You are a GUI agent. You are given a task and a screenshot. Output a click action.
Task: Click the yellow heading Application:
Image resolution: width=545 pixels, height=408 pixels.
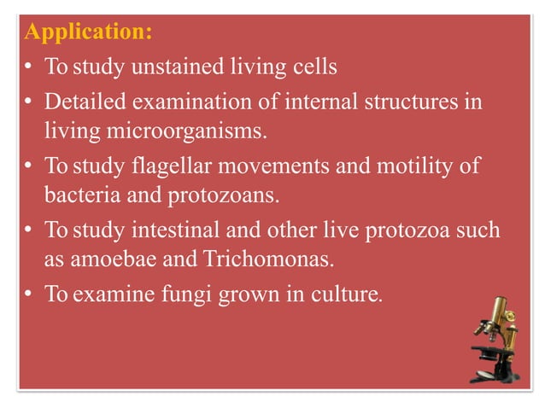pyautogui.click(x=89, y=32)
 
